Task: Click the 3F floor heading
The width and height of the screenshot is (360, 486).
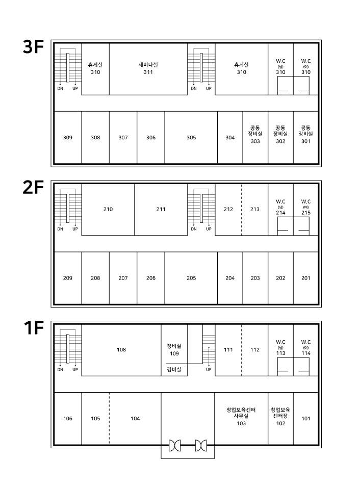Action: (33, 47)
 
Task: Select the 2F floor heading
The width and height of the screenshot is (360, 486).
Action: (33, 188)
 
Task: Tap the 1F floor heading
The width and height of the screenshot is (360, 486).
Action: (34, 328)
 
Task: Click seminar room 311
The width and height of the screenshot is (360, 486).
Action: (148, 68)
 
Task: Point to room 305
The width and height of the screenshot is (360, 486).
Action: (191, 137)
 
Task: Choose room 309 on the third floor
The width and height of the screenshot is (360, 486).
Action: (67, 137)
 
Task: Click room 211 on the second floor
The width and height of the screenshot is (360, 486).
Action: (161, 209)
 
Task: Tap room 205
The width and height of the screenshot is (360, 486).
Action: (191, 278)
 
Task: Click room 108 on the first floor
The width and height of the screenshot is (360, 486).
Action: (121, 350)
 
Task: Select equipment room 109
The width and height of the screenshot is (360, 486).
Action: (174, 350)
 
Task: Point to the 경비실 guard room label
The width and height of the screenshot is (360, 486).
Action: (174, 369)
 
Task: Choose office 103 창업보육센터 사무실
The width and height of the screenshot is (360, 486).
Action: (241, 417)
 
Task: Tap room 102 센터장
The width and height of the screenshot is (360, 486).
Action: (280, 417)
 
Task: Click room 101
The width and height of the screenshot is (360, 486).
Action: (306, 419)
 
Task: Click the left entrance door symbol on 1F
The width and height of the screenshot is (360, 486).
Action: (175, 445)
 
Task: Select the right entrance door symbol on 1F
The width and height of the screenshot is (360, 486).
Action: (201, 445)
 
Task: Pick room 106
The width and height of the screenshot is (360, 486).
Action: (67, 419)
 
